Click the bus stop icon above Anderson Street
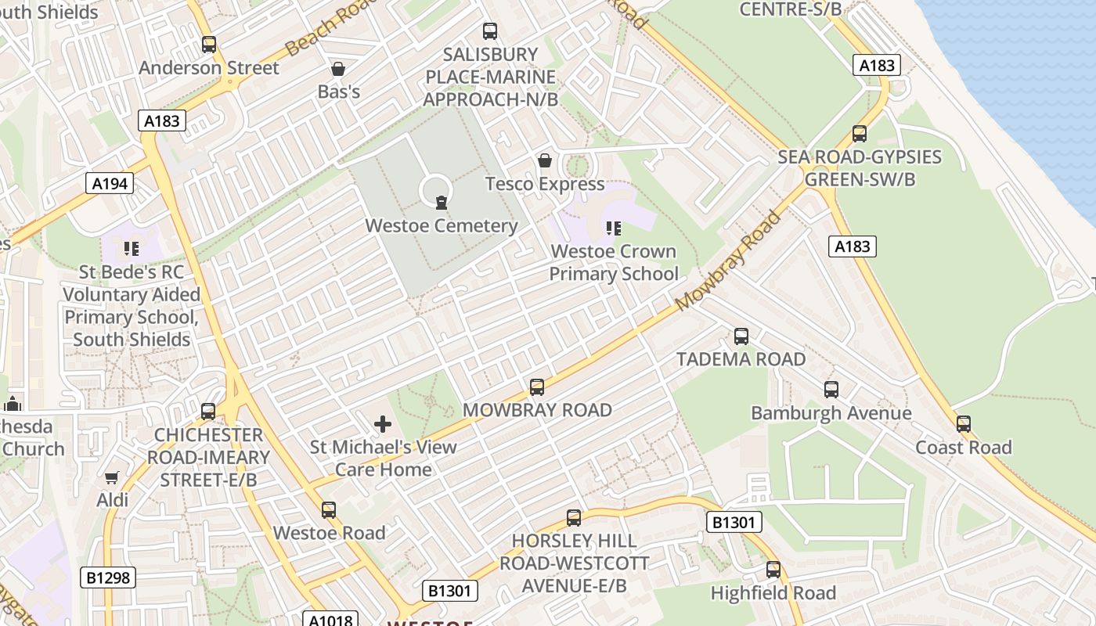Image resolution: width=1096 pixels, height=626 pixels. tap(208, 45)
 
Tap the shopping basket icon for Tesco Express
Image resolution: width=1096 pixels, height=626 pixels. tap(545, 161)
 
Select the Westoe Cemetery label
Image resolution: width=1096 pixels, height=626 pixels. tap(442, 226)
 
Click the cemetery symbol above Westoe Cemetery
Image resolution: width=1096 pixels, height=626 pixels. tap(442, 203)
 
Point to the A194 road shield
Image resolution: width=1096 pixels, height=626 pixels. tap(110, 183)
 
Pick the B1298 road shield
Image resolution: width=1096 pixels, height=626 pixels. tap(108, 578)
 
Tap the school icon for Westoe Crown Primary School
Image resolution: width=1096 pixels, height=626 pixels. tap(613, 228)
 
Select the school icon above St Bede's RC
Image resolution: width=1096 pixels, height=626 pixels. tap(131, 249)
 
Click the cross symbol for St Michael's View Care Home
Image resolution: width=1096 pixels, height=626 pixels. tap(383, 424)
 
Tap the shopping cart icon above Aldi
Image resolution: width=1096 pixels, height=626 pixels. tap(112, 477)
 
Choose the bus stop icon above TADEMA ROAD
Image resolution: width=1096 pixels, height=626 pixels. tap(741, 336)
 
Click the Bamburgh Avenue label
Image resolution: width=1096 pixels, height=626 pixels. tap(831, 413)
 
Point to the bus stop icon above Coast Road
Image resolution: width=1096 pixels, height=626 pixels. tap(964, 424)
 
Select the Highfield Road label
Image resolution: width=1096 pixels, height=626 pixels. tap(773, 593)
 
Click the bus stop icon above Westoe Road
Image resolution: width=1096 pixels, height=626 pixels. tap(329, 510)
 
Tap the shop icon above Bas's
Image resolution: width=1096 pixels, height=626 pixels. tap(338, 69)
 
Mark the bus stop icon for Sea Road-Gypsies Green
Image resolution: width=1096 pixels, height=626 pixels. tap(860, 134)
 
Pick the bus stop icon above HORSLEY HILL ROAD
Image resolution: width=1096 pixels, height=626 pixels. tap(574, 518)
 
